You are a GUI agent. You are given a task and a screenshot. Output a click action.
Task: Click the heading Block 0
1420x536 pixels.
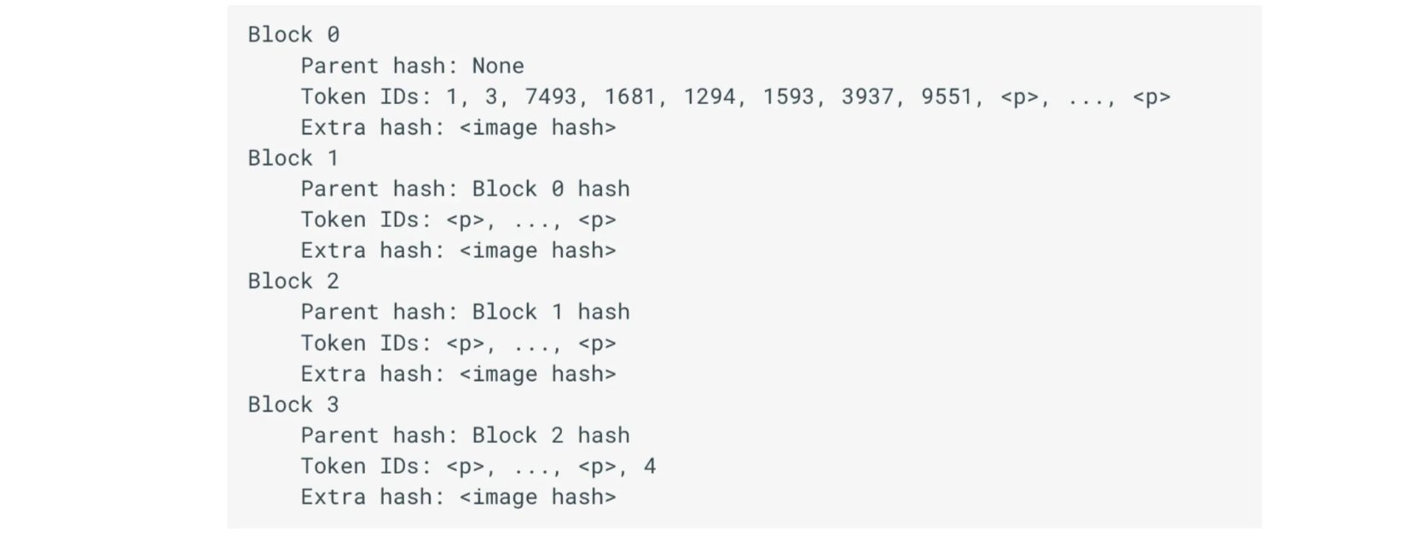293,34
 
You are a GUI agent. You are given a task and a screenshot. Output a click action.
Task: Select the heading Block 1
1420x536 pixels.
293,158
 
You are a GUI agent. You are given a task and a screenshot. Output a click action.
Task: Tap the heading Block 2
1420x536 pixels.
293,281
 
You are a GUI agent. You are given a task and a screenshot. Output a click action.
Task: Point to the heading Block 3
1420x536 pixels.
293,405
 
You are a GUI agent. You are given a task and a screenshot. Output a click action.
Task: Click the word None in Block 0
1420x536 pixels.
498,66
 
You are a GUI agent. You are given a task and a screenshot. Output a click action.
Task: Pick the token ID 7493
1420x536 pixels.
551,96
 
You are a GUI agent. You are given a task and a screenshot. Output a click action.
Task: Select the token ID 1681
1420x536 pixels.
630,96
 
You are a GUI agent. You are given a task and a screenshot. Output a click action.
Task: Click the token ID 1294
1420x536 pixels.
710,96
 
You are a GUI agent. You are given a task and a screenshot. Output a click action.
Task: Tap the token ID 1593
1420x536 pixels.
789,96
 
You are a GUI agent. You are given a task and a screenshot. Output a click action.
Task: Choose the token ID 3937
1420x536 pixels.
868,96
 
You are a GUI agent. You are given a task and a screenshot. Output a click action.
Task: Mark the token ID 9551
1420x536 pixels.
947,96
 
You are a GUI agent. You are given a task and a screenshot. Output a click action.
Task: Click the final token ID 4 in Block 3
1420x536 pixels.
650,466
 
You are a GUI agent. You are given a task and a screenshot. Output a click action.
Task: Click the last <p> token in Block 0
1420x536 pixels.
1152,97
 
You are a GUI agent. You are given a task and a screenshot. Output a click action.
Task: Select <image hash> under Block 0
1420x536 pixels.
538,127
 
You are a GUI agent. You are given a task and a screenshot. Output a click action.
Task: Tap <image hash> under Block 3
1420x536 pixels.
538,498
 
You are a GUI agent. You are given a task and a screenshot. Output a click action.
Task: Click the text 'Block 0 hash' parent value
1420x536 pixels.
551,189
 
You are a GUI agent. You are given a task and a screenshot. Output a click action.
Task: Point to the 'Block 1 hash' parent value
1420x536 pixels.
551,312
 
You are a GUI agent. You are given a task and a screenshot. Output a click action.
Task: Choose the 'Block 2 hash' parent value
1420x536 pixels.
551,436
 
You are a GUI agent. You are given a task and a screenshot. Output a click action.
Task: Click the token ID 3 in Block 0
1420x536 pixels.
491,96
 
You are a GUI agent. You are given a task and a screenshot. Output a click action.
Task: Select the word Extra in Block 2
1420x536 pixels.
333,374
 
